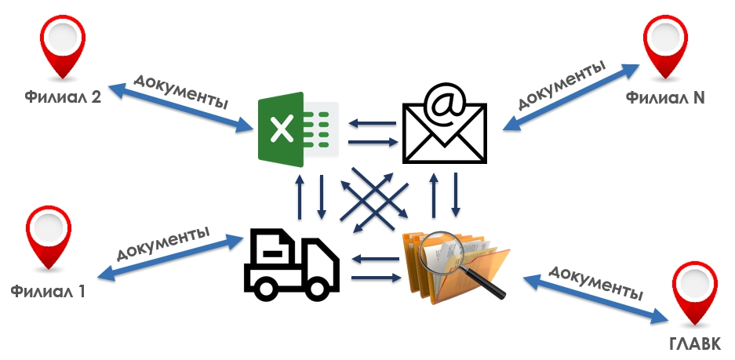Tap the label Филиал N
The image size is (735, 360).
click(x=665, y=99)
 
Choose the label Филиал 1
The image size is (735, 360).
click(x=48, y=291)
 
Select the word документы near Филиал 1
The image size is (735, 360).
click(x=164, y=242)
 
